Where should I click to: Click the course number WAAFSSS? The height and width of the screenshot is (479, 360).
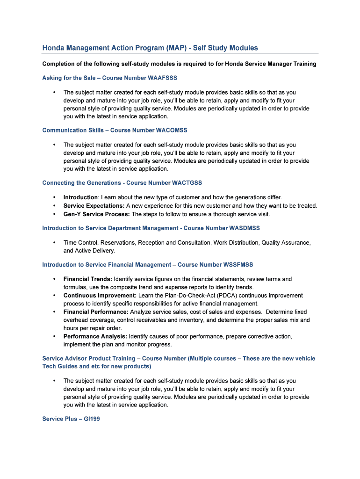(x=162, y=78)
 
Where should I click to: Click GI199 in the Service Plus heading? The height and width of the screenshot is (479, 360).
(x=92, y=419)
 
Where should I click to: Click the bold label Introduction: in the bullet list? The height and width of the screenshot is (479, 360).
(x=81, y=197)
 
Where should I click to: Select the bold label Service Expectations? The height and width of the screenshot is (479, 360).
(x=94, y=206)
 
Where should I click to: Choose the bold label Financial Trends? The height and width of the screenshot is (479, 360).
(x=88, y=279)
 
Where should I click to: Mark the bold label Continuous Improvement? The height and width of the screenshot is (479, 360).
(x=100, y=296)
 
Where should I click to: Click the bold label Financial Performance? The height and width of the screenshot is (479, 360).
(x=96, y=312)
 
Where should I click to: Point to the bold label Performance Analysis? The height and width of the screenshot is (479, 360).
(x=95, y=336)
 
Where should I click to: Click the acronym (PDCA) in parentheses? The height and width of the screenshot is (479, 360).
(x=245, y=296)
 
